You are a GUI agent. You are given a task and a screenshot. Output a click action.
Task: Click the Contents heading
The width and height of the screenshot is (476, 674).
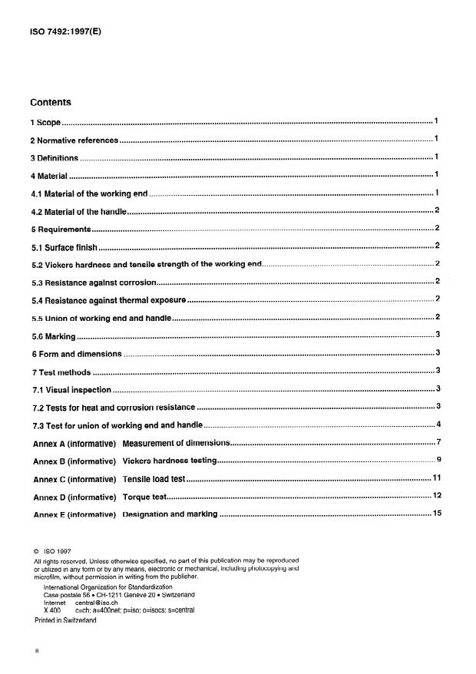coord(51,102)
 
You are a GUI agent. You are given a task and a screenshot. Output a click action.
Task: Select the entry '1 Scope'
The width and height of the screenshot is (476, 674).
coord(45,122)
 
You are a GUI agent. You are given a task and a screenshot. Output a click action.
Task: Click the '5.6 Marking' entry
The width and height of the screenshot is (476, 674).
coord(53,335)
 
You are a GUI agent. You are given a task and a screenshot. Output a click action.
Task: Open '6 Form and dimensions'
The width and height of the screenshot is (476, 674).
coord(76,354)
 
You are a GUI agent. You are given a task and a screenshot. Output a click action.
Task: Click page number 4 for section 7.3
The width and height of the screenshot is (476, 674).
coord(438,425)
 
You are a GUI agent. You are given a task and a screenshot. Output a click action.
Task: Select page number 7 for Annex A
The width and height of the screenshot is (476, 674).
coord(438,443)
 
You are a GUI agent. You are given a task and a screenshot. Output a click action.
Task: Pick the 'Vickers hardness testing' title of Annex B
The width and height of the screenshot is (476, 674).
coord(170,461)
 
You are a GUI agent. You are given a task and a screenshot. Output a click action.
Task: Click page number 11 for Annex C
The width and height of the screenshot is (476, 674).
coord(436,478)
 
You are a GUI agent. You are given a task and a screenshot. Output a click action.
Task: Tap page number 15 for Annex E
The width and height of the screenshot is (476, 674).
coord(436,513)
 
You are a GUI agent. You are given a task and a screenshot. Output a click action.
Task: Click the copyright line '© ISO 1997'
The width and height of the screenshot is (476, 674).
coord(51,552)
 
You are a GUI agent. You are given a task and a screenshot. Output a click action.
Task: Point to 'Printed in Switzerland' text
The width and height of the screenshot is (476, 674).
coord(65,620)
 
